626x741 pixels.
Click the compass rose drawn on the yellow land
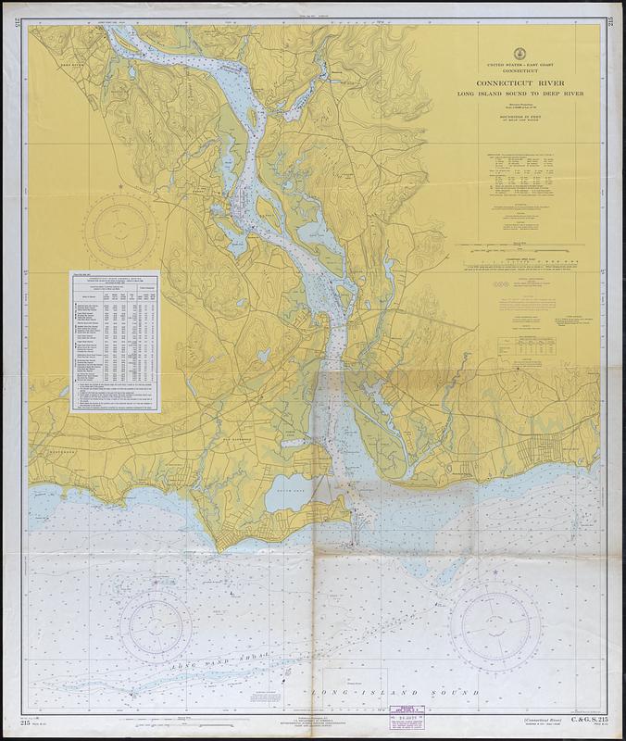[120, 227]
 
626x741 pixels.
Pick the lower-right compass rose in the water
[495, 619]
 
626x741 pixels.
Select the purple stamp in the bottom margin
[404, 719]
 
